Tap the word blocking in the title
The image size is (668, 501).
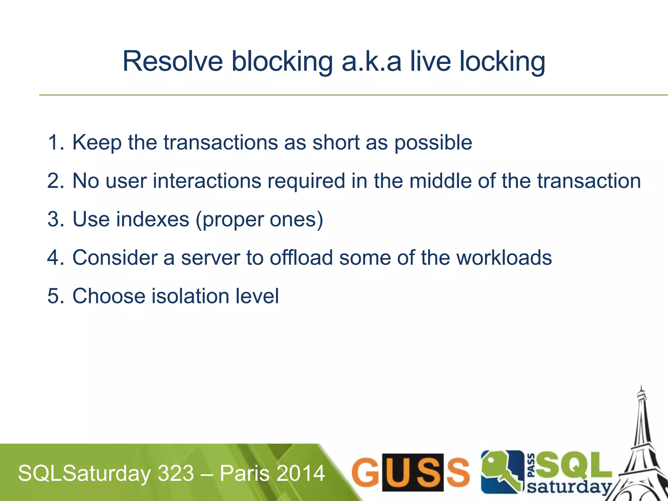pos(282,62)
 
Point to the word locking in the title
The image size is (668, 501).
pos(502,62)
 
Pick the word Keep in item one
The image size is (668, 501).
pos(97,143)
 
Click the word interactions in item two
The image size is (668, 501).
pos(207,181)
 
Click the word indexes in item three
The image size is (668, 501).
pos(153,219)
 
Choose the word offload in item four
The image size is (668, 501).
pos(301,258)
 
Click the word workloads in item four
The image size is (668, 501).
pos(504,258)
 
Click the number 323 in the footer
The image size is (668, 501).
pos(176,473)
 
